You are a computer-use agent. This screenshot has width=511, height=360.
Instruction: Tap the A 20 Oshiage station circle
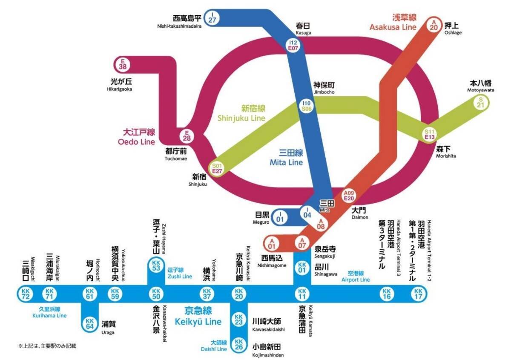(434, 24)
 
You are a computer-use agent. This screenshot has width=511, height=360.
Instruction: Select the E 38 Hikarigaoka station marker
(123, 64)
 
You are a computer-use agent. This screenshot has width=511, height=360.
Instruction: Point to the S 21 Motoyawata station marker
(481, 103)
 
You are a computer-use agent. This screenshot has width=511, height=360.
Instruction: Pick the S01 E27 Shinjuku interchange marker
(218, 168)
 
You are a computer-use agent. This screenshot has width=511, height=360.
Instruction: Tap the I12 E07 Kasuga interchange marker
(293, 45)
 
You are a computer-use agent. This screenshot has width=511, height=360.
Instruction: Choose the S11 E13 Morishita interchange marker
(430, 134)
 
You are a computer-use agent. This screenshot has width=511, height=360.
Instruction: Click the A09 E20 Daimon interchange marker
(349, 195)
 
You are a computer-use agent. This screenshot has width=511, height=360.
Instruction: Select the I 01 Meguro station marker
(280, 216)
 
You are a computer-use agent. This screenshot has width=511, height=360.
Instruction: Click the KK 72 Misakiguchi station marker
(24, 294)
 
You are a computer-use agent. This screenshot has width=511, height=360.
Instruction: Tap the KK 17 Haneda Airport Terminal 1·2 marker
(418, 294)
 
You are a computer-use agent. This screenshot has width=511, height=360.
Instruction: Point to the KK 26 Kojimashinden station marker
(239, 345)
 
